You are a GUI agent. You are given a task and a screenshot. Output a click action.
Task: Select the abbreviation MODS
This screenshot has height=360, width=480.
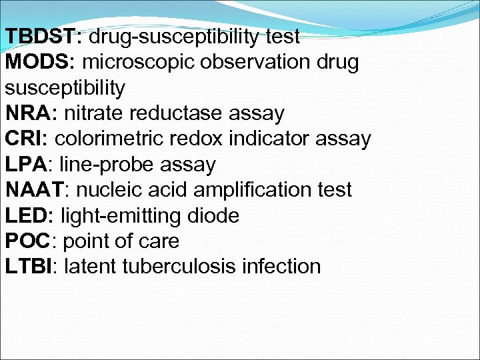point(39,62)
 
